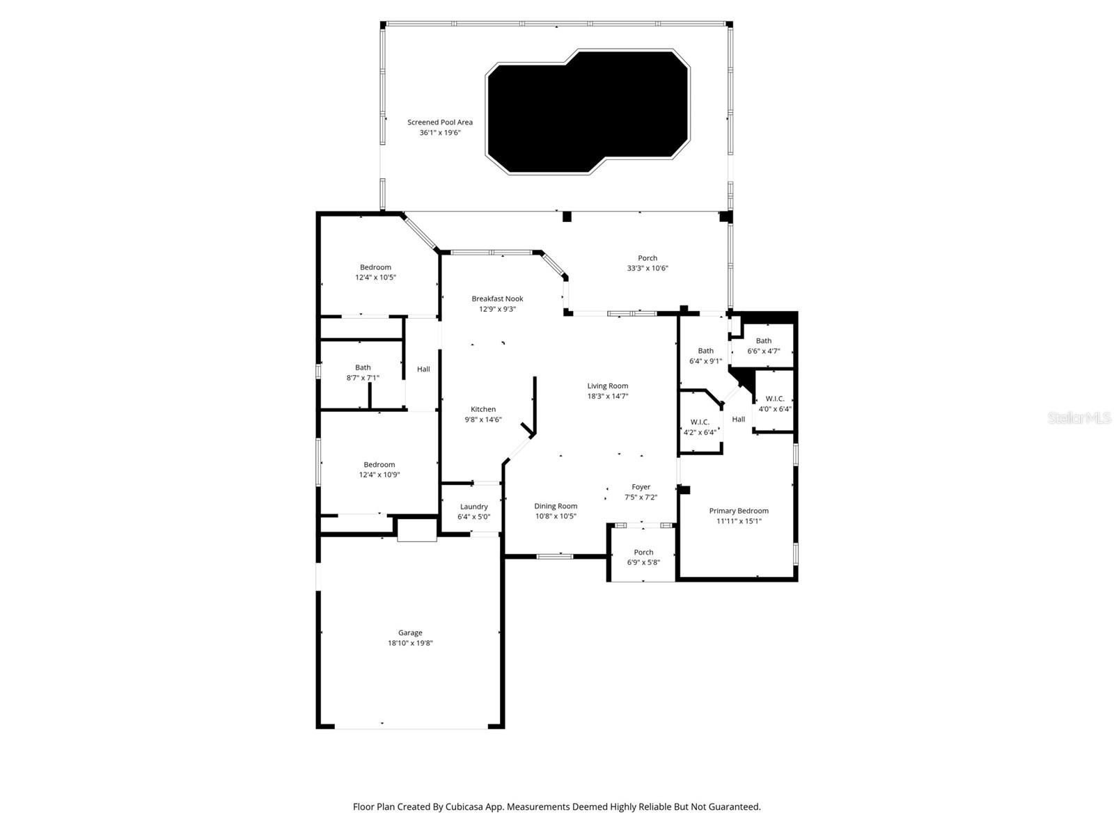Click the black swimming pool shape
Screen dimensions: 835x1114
[x=588, y=111]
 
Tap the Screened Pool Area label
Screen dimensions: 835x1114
[x=440, y=122]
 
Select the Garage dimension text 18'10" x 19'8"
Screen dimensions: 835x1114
[x=410, y=643]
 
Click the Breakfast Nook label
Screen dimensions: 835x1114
[x=497, y=299]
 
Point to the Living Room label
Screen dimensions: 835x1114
[x=607, y=385]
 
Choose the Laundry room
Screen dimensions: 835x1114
[x=473, y=511]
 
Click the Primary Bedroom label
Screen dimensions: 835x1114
[x=739, y=511]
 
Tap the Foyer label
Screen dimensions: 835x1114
[x=641, y=487]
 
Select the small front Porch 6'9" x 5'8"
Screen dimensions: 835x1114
[x=643, y=557]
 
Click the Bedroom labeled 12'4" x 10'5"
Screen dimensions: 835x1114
[x=375, y=272]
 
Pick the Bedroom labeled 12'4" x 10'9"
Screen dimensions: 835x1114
[x=379, y=470]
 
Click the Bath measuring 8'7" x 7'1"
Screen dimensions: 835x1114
[x=363, y=372]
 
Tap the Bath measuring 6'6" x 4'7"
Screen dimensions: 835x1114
[x=764, y=346]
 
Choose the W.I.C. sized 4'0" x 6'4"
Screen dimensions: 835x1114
[x=774, y=404]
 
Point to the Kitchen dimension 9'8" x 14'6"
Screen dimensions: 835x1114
[x=483, y=420]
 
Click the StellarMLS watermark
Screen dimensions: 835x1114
[x=1078, y=418]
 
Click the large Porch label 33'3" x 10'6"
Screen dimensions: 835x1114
[x=648, y=263]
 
